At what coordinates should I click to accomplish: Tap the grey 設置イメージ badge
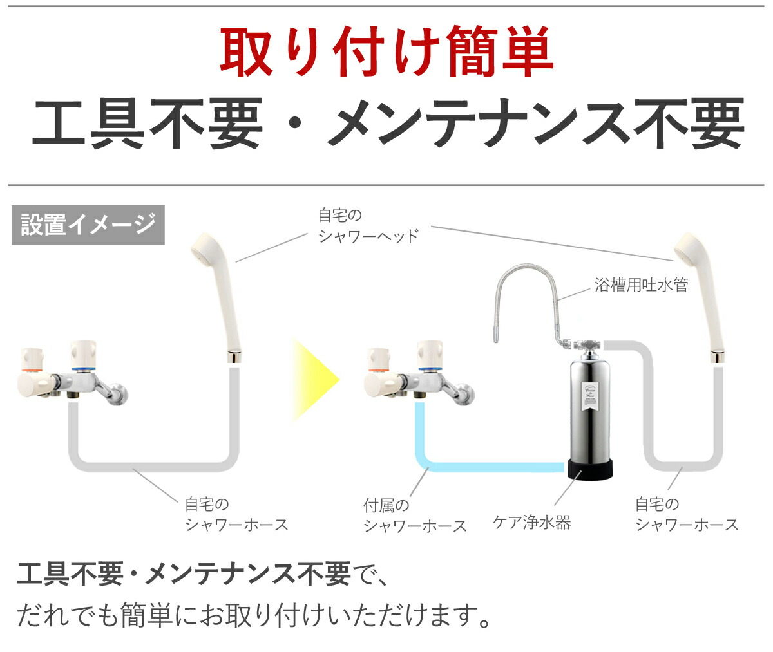click(x=88, y=225)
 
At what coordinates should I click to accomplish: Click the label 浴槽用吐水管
click(x=641, y=285)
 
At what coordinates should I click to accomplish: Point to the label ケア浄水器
click(x=532, y=522)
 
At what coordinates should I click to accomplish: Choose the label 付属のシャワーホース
click(x=415, y=516)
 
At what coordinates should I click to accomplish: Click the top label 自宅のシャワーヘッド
click(x=368, y=225)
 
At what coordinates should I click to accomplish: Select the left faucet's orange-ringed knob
click(x=32, y=360)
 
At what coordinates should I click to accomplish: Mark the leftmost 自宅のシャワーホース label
click(x=236, y=514)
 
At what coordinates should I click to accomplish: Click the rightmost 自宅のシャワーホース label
click(x=686, y=514)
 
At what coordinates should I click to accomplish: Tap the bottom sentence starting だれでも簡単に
click(x=254, y=616)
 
